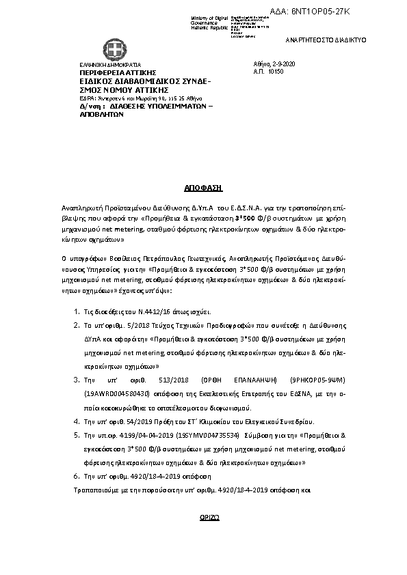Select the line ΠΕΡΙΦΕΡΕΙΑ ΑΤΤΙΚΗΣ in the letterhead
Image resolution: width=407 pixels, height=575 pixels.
pos(118,72)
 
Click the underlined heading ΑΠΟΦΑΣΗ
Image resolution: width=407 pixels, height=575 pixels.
pos(203,186)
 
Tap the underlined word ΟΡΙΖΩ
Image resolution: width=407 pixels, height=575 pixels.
pos(203,518)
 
